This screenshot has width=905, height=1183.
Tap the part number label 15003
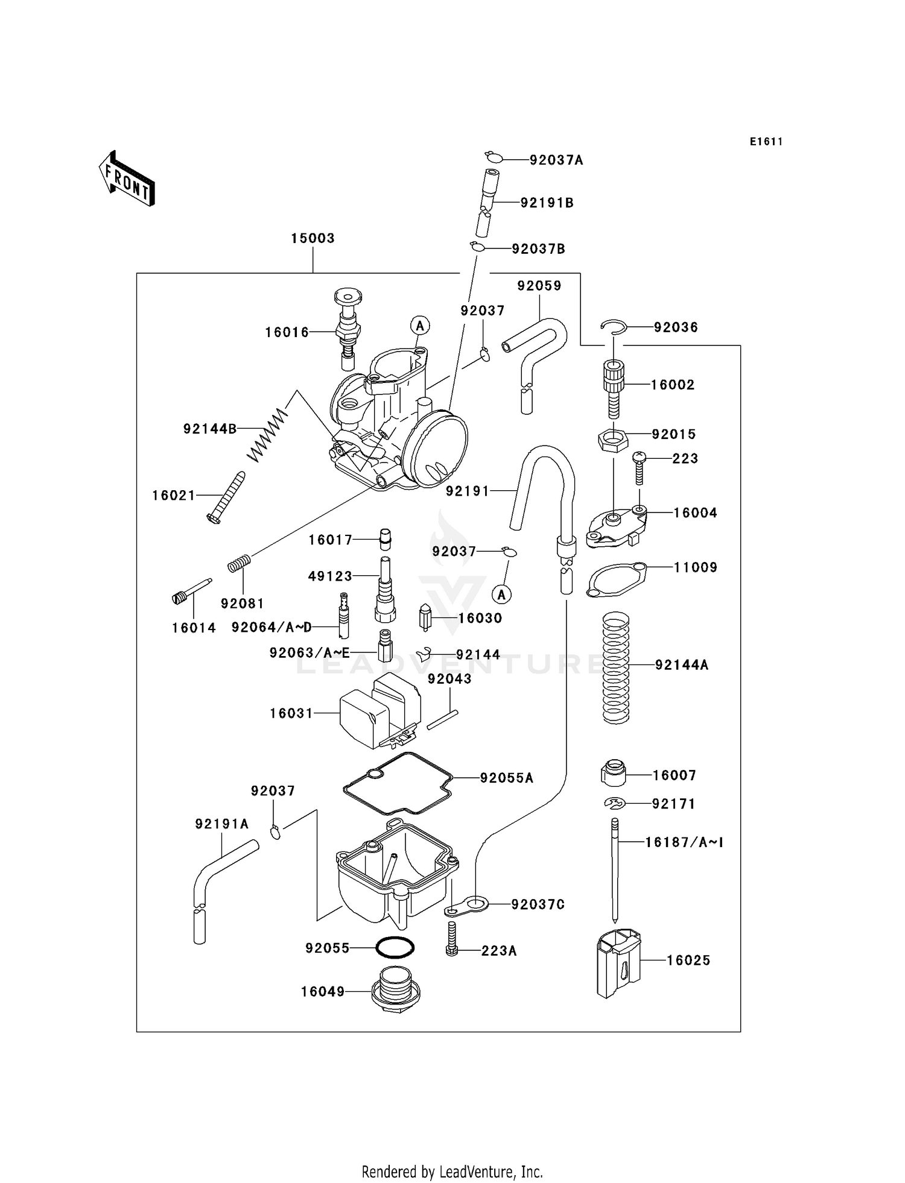[x=313, y=238]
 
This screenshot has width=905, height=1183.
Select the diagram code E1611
[x=766, y=142]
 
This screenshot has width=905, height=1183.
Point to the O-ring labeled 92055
[x=395, y=948]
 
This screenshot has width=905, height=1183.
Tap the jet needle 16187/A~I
[x=615, y=868]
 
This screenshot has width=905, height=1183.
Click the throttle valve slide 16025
[x=618, y=962]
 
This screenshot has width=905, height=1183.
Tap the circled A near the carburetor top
[x=420, y=326]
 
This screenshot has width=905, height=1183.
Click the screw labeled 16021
[x=226, y=497]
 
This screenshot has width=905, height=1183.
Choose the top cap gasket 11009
[x=615, y=580]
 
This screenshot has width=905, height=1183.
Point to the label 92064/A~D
[x=271, y=628]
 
